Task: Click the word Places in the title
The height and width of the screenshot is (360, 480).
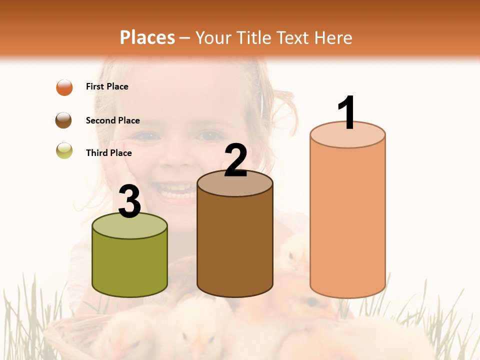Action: [x=147, y=37]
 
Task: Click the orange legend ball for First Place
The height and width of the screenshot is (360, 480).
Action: [x=64, y=87]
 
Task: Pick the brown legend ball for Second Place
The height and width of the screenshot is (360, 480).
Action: [x=63, y=120]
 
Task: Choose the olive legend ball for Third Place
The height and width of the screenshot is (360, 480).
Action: [x=64, y=150]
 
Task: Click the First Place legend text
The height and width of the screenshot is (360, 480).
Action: [x=107, y=86]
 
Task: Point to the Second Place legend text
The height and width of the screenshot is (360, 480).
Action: [x=112, y=120]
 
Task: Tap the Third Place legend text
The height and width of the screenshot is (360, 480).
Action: [x=108, y=153]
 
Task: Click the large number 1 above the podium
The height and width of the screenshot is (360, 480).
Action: [x=346, y=112]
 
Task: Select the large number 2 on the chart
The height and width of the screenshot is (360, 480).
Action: [x=235, y=160]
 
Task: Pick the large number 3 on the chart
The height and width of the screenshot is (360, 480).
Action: [x=129, y=201]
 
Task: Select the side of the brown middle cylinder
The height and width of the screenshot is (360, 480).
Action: [x=235, y=245]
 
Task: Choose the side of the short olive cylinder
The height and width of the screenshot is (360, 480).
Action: [x=129, y=265]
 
